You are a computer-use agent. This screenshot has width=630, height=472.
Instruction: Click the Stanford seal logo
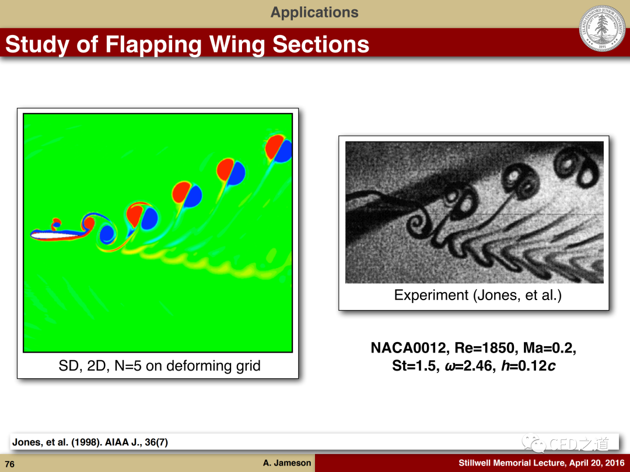click(x=602, y=28)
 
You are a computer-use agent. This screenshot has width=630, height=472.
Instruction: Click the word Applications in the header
click(x=314, y=12)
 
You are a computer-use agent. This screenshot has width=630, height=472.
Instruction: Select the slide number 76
click(x=10, y=464)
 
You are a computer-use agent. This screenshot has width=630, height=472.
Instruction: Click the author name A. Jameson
click(x=287, y=463)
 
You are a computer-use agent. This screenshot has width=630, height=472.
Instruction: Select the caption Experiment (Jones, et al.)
click(x=478, y=295)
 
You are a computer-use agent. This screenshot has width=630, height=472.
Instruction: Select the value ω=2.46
click(x=470, y=366)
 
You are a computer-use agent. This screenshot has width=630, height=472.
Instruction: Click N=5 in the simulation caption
click(x=128, y=366)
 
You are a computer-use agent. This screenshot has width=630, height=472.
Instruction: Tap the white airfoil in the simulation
click(x=56, y=234)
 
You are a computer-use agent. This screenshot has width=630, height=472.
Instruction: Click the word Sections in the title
click(x=321, y=44)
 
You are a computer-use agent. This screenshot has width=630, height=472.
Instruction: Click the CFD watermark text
click(x=578, y=443)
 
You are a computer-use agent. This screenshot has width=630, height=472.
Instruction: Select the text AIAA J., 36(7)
click(x=136, y=442)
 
